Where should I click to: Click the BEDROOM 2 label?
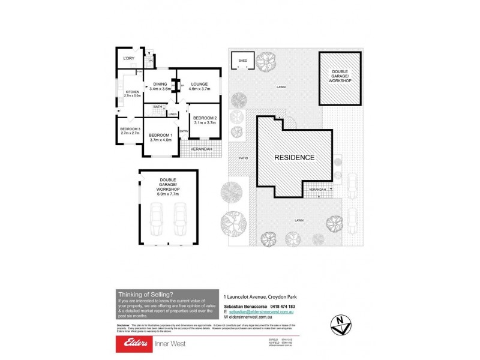click(x=204, y=120)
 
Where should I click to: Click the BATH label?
click(x=157, y=107)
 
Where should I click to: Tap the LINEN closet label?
click(x=172, y=114)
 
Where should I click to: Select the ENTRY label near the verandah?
click(x=184, y=131)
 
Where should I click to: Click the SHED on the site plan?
click(x=243, y=61)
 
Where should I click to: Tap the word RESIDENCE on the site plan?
click(x=295, y=158)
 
